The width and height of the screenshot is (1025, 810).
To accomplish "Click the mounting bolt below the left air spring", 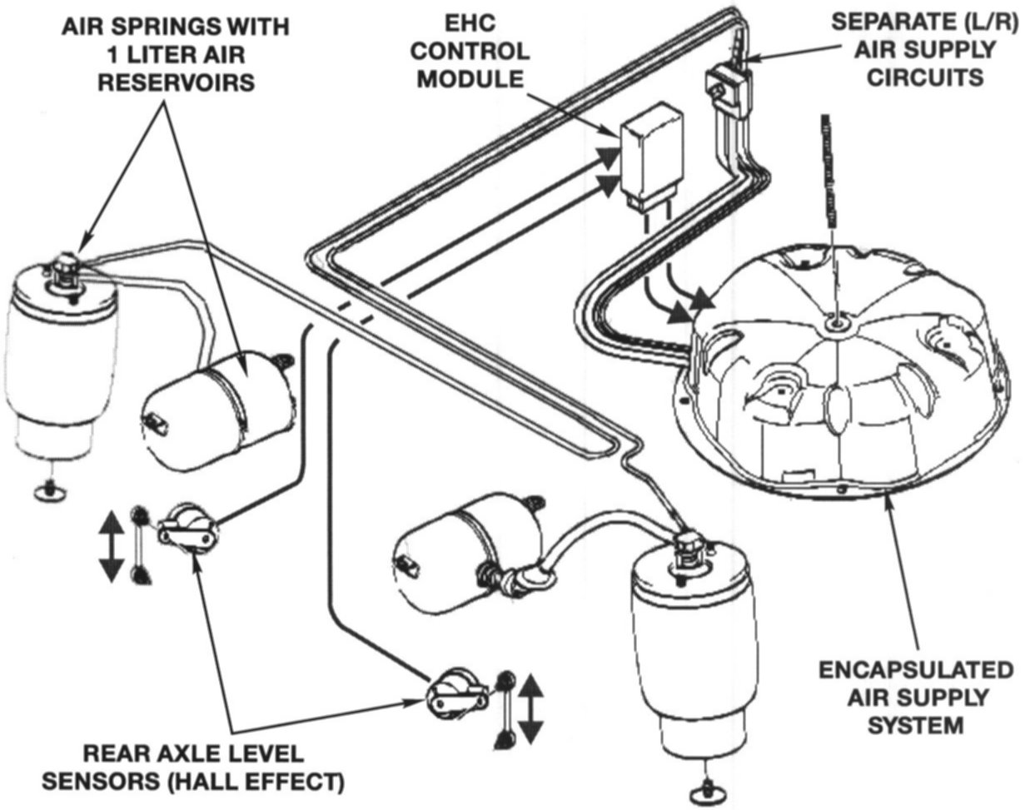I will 51,491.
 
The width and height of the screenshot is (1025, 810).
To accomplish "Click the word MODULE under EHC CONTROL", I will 472,79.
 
